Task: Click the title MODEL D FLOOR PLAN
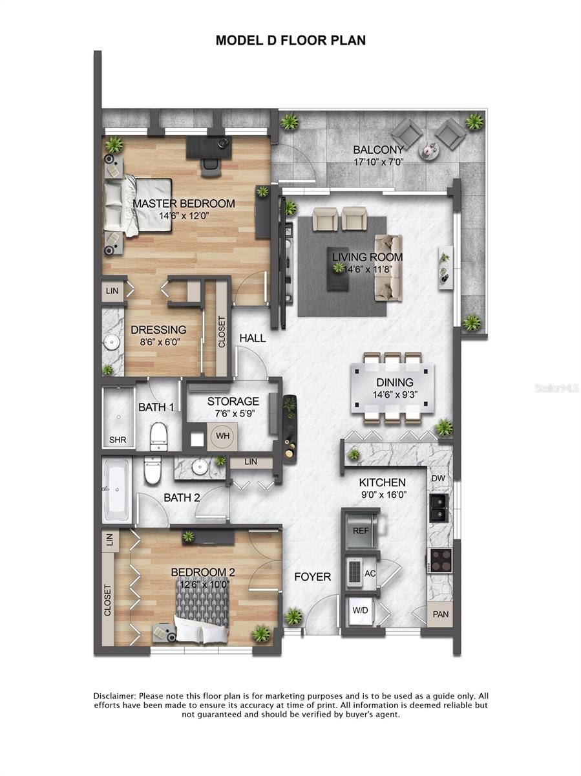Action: coord(290,40)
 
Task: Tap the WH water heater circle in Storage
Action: coord(222,436)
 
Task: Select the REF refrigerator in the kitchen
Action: coord(361,530)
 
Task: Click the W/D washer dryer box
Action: coord(359,610)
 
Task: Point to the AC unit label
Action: coord(370,573)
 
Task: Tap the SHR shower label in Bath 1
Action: coord(117,440)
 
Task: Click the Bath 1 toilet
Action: coord(158,435)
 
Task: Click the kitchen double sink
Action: coord(440,508)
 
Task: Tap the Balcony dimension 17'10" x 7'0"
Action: coord(379,164)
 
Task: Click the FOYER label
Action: coord(313,577)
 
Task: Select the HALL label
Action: coord(252,338)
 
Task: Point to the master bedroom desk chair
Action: coord(210,166)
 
